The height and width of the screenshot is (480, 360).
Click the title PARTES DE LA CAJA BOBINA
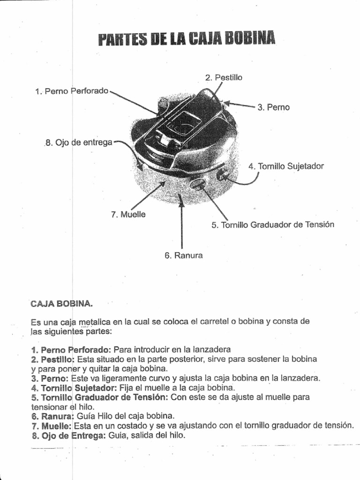pos(187,39)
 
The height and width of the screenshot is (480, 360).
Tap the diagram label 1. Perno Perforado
pos(72,91)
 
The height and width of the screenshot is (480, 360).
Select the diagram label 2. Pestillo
pos(224,78)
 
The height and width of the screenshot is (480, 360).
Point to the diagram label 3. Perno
pos(273,107)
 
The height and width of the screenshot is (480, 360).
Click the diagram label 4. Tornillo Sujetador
pos(286,166)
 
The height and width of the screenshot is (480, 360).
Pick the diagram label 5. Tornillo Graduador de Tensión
pos(273,225)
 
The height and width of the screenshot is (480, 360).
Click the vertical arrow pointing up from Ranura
pos(182,220)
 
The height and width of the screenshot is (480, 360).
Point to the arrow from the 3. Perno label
pos(240,105)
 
